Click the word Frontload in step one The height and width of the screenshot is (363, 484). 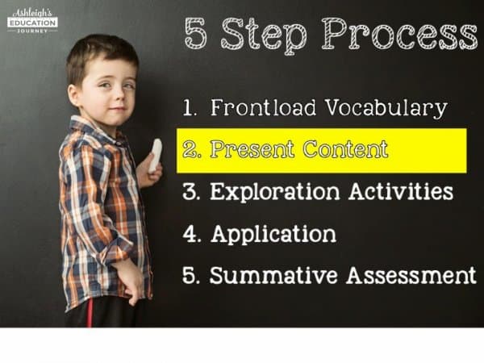(x=263, y=108)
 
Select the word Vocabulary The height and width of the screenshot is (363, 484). (x=386, y=109)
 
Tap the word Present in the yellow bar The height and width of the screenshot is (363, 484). (x=252, y=149)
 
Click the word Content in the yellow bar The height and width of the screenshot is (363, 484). (x=345, y=149)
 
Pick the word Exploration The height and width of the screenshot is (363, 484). (x=275, y=192)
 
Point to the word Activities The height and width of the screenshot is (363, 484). (x=401, y=191)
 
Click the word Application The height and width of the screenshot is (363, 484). (x=273, y=234)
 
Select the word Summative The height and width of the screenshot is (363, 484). (x=273, y=275)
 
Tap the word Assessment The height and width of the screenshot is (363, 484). (x=411, y=275)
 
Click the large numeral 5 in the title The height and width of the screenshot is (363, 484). (x=196, y=33)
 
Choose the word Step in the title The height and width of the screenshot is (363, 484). (x=265, y=35)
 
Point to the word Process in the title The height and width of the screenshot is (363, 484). (x=399, y=33)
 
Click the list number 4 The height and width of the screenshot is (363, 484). (x=192, y=233)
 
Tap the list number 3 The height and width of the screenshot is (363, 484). (x=191, y=191)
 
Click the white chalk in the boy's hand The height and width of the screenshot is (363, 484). (x=155, y=155)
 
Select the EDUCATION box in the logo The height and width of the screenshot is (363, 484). (x=32, y=23)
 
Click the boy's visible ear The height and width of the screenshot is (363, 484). (x=74, y=94)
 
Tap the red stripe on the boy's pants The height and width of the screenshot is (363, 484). (x=90, y=312)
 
